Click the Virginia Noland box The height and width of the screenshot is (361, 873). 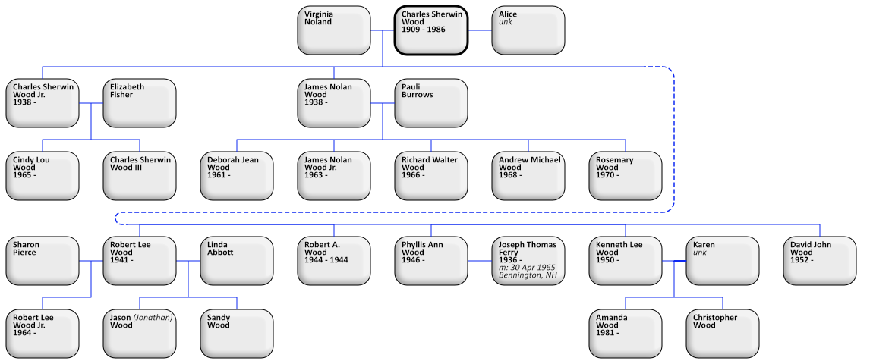[x=333, y=30]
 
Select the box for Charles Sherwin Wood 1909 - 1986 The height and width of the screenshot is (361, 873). [x=430, y=30]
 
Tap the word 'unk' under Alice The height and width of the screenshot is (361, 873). [x=505, y=22]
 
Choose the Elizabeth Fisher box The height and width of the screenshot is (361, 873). [x=139, y=103]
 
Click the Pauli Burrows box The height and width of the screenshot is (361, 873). [x=430, y=103]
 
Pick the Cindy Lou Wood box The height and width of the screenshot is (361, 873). [x=42, y=176]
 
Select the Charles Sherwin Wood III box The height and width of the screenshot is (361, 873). [x=139, y=176]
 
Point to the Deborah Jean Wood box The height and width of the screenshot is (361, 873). [x=236, y=176]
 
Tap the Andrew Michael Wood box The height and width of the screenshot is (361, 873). [x=528, y=176]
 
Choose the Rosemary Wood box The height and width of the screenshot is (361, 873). [x=625, y=176]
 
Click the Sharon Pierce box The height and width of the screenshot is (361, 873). [x=42, y=261]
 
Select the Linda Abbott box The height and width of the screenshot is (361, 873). [x=236, y=261]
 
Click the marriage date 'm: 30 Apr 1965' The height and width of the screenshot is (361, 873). [x=526, y=268]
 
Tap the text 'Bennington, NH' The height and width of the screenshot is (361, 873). [x=526, y=275]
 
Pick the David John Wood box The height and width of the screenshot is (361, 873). [x=819, y=261]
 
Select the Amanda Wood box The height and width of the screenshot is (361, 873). [x=625, y=334]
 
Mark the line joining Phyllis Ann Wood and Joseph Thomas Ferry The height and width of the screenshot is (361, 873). [x=479, y=261]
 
